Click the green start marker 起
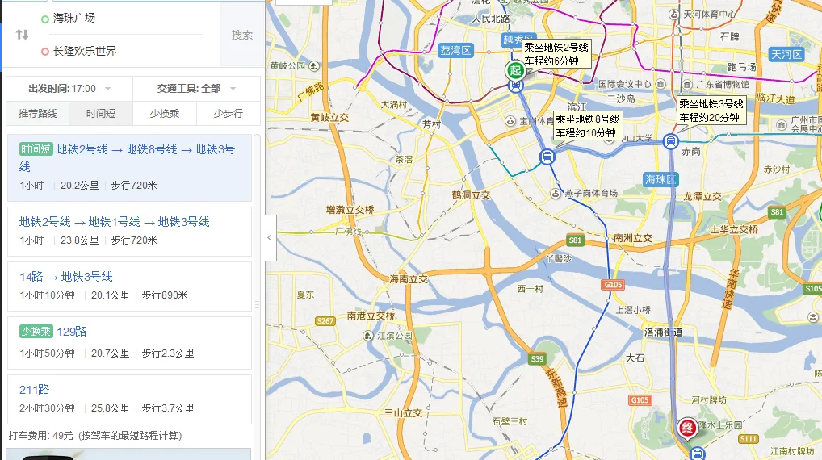(514, 69)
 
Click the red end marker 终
(688, 426)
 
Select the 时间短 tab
(101, 114)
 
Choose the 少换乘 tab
(165, 114)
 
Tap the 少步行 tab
(229, 114)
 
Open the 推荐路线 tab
(38, 114)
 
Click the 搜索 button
(241, 35)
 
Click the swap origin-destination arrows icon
(22, 34)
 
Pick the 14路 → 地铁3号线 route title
(66, 277)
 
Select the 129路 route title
(72, 331)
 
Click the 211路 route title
(35, 390)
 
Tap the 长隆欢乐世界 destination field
(85, 51)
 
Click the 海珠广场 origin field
(74, 18)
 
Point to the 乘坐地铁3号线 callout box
(711, 111)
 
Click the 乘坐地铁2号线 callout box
(556, 54)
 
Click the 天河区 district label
(785, 55)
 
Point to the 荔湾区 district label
(455, 50)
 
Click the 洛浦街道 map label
(664, 332)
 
